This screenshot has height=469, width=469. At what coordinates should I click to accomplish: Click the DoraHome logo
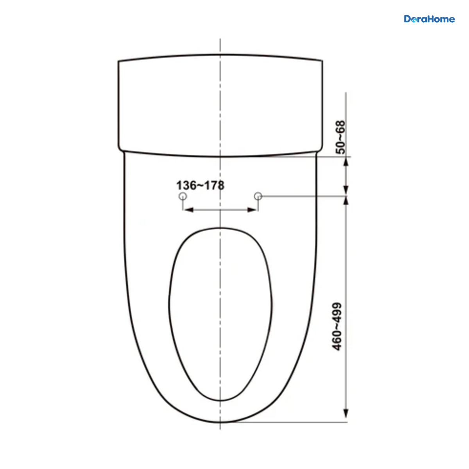pos(429,19)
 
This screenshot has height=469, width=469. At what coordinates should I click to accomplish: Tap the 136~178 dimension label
pos(200,186)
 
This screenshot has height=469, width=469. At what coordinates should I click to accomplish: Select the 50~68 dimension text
pos(340,137)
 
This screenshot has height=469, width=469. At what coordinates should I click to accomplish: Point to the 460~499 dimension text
pos(337,326)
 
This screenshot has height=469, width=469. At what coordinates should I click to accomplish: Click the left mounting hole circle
pos(183,196)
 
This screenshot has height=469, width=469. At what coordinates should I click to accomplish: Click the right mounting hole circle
pos(258,196)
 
